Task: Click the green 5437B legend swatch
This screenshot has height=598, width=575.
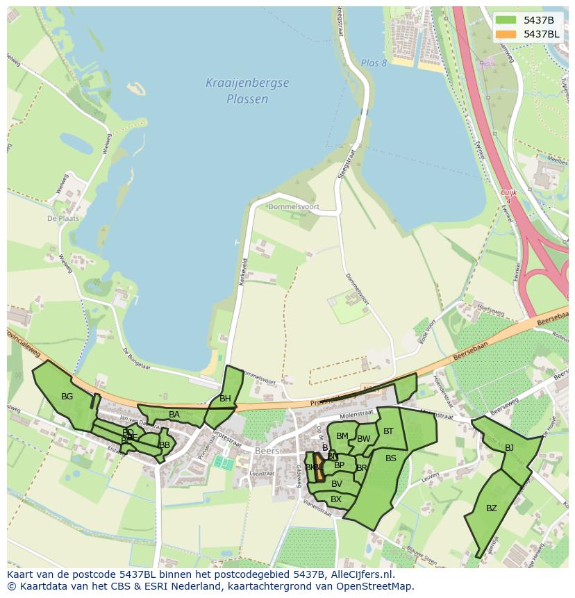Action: tap(506, 20)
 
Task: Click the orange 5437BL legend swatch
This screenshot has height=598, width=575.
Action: tap(506, 34)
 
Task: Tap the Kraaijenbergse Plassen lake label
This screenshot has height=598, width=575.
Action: tap(247, 91)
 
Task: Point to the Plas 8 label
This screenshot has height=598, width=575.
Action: tap(374, 63)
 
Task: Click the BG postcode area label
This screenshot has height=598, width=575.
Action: tap(67, 397)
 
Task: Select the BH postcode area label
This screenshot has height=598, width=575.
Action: tap(225, 399)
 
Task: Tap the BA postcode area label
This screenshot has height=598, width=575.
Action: tap(174, 415)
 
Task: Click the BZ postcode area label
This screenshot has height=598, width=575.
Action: tap(492, 508)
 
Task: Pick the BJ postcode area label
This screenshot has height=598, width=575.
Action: tap(509, 447)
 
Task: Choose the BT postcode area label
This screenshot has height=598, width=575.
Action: tap(388, 431)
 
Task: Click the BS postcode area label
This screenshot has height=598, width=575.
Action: tap(391, 458)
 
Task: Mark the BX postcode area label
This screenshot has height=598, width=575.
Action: tap(336, 499)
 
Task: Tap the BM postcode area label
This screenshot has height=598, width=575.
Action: tap(342, 436)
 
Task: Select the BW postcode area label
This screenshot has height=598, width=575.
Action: tap(363, 439)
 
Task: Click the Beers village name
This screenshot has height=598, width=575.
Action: tap(267, 451)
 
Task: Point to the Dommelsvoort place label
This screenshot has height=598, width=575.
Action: tap(293, 207)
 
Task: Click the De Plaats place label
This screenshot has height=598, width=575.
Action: tap(63, 218)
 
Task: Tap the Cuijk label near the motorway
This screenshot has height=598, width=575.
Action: tap(508, 192)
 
